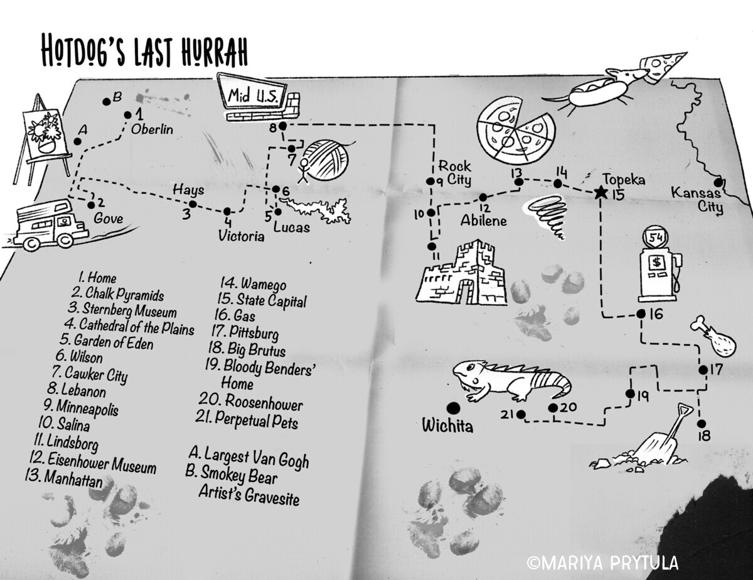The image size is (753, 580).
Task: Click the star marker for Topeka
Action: tap(600, 192)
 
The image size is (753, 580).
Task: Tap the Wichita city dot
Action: tap(454, 408)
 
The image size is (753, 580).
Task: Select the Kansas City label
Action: tap(697, 199)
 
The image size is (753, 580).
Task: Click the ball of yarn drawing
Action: tap(326, 160)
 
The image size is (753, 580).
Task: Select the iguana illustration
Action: tap(512, 381)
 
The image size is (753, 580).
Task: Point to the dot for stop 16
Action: tap(641, 314)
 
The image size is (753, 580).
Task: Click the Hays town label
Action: tap(188, 190)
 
